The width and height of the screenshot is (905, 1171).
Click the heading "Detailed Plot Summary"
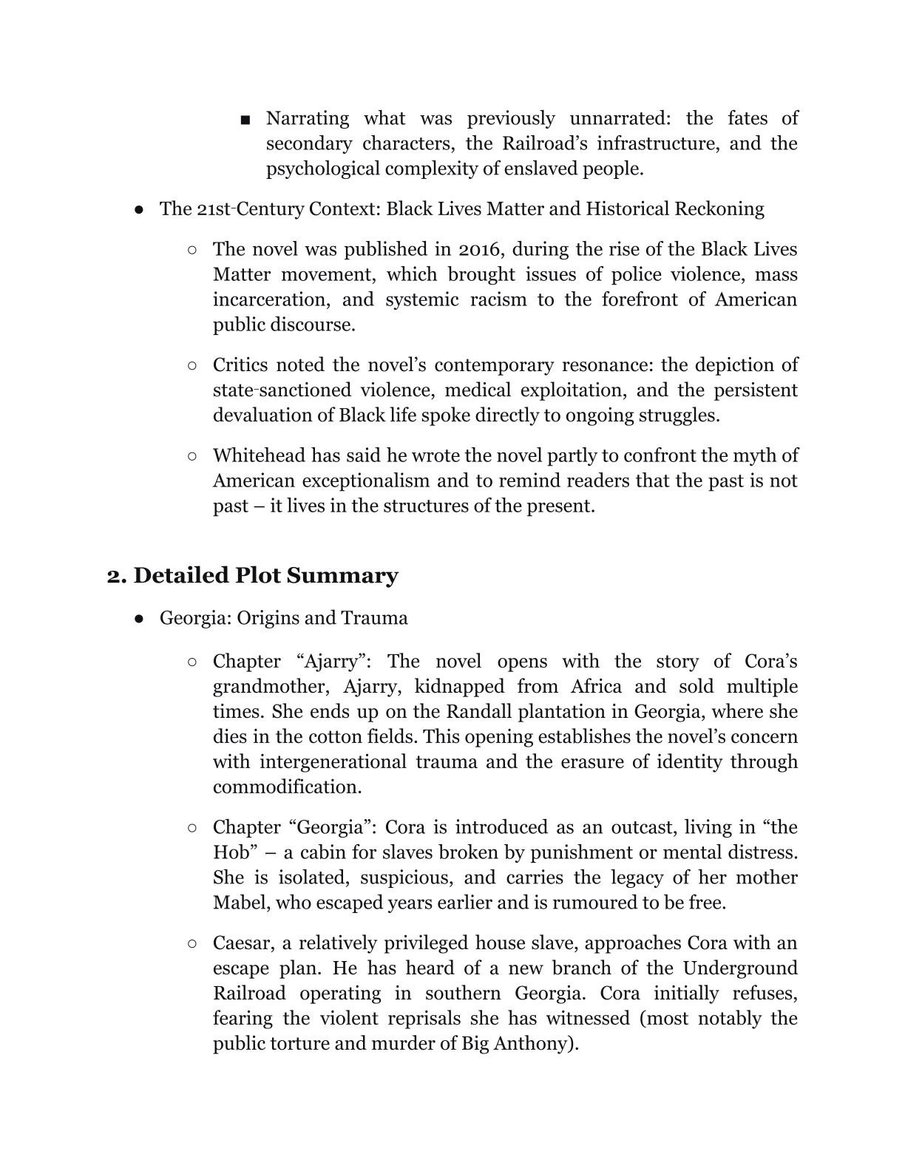265,575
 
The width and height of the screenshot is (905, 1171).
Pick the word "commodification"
287,787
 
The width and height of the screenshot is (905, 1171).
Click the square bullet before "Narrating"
245,119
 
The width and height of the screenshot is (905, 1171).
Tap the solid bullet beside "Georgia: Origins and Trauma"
139,618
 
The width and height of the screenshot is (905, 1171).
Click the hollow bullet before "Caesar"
192,943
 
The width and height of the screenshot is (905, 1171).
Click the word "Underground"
739,968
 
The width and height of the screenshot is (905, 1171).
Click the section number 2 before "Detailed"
114,575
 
